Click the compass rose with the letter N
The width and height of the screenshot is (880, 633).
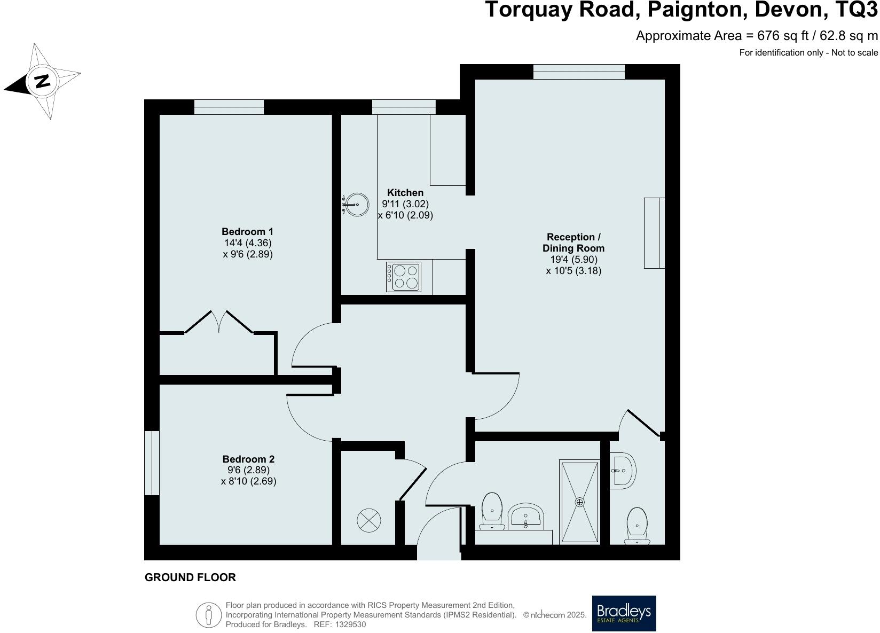tap(42, 81)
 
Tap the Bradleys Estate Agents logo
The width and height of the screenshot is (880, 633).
tap(624, 613)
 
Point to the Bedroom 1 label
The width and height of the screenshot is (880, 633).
tap(247, 231)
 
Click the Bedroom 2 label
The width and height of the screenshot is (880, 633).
tap(248, 459)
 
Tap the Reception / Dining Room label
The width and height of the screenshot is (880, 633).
tap(573, 243)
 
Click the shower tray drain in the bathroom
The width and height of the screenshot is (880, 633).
tap(579, 502)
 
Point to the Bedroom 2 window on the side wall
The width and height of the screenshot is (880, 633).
tap(152, 463)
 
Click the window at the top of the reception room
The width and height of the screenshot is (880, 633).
tap(579, 72)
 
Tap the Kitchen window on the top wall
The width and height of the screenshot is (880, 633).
tap(404, 107)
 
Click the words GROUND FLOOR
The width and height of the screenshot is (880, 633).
tap(190, 577)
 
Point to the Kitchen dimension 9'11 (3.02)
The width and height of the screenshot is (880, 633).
tap(405, 204)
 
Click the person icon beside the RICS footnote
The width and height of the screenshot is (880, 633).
tap(209, 615)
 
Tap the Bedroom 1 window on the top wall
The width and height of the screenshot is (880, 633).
tap(229, 107)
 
